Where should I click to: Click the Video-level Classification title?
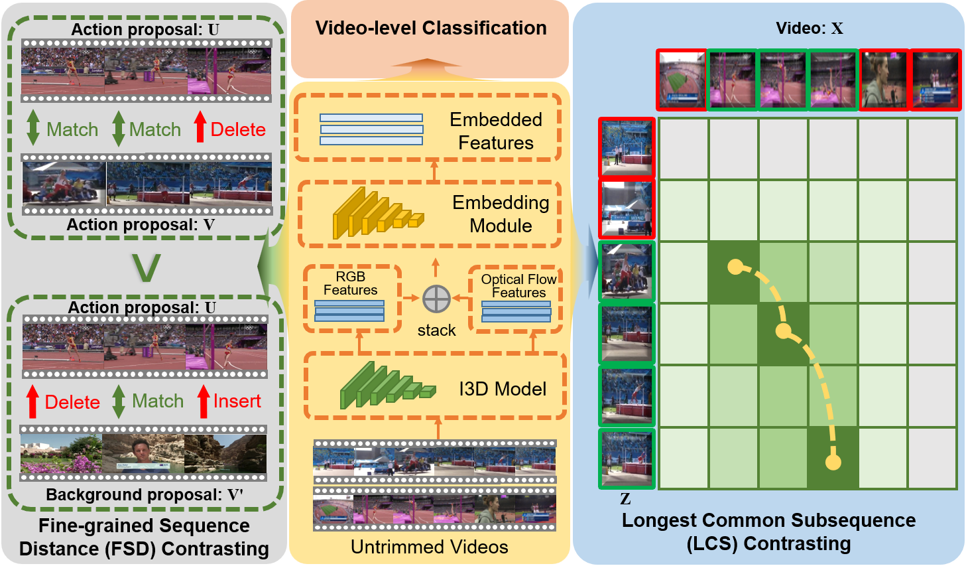coord(431,29)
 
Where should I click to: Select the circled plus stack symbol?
coord(436,299)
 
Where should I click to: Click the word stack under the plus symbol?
coord(436,330)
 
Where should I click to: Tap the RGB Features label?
coord(350,283)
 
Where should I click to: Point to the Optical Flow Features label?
coord(518,286)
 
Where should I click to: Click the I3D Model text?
coord(503,389)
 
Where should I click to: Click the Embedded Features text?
coord(496,131)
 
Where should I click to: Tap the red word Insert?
coord(237,401)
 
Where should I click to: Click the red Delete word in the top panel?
coord(238,129)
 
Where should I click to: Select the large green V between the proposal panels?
coord(146,267)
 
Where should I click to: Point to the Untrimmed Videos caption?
coord(430,547)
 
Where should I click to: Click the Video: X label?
coord(810,29)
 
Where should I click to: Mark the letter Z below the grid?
coord(625,499)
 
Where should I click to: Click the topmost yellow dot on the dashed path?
coord(735,267)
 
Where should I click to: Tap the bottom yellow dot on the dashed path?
coord(833,461)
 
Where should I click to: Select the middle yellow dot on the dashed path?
coord(784,330)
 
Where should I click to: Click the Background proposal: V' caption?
coord(145,495)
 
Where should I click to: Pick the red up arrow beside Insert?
coord(204,401)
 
